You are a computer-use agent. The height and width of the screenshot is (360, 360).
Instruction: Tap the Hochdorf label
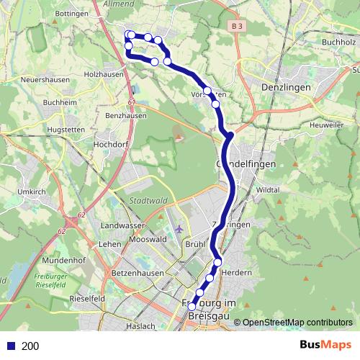110,144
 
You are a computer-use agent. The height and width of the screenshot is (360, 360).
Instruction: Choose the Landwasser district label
121,227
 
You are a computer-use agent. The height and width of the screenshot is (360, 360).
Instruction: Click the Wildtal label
266,189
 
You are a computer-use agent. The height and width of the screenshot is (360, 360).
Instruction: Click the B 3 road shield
238,26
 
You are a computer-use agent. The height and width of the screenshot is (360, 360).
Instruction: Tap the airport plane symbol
179,229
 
